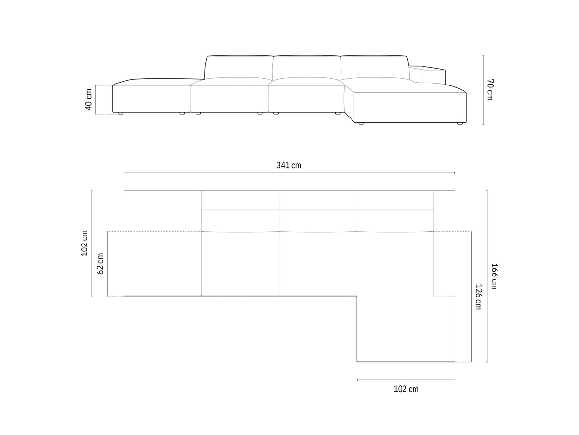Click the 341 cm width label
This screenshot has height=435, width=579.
(289, 165)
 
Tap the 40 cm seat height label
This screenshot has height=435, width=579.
(89, 100)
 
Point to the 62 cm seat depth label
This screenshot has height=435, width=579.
(101, 264)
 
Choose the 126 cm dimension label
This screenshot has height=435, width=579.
(478, 297)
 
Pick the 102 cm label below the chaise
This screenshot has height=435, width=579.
(406, 389)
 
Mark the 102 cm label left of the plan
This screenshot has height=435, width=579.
(85, 244)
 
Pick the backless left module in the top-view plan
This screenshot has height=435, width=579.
(163, 244)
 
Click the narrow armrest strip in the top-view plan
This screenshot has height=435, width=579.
(444, 244)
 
